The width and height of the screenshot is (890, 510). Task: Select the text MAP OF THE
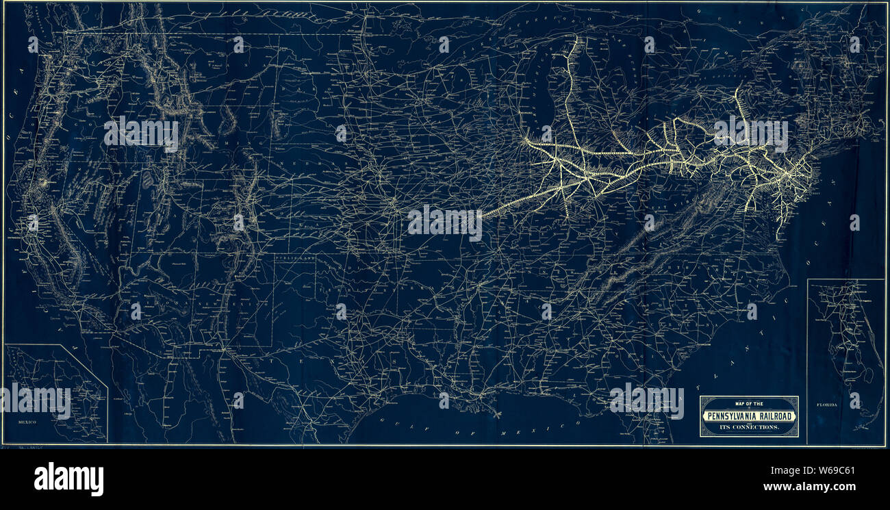coord(748,403)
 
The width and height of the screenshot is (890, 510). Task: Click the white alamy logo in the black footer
coord(68,479)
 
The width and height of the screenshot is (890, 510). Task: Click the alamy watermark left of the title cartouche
coord(646,401)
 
